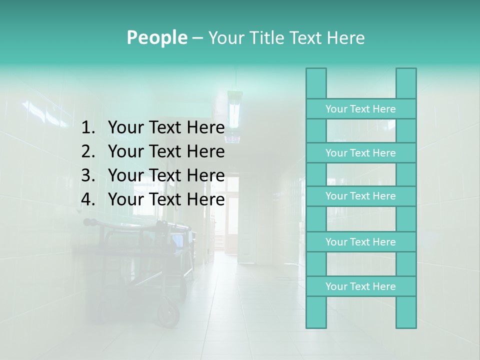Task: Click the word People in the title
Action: coord(157,38)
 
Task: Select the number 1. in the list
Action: coord(88,128)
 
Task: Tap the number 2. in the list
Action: coord(88,151)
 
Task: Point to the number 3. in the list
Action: coord(88,175)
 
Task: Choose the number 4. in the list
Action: coord(88,199)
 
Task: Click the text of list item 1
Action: coord(166,128)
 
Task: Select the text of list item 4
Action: coord(166,199)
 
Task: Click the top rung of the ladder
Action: coord(360,109)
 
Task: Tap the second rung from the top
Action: coord(360,153)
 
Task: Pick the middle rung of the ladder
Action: coord(360,196)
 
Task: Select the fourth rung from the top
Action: coord(360,242)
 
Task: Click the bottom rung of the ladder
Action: coord(360,286)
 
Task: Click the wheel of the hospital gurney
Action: coord(168,313)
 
